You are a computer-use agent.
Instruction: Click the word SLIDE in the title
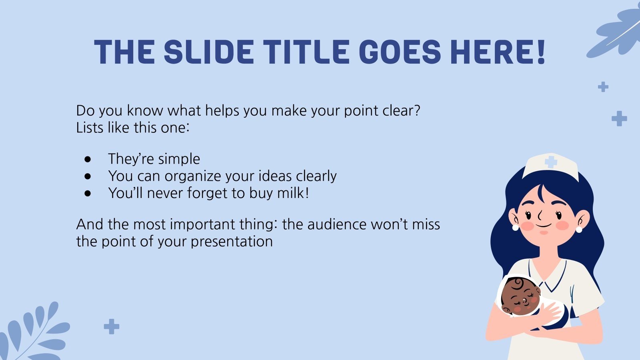[x=209, y=52]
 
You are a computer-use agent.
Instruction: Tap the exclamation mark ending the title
[x=541, y=52]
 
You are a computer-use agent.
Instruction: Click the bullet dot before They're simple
[x=88, y=160]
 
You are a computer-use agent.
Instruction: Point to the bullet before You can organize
[x=88, y=176]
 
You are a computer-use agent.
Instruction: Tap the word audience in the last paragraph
[x=337, y=224]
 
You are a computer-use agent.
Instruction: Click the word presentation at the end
[x=232, y=242]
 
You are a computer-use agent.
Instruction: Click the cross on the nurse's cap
[x=551, y=162]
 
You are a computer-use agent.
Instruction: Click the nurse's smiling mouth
[x=544, y=226]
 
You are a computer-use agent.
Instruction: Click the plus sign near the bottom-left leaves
[x=112, y=326]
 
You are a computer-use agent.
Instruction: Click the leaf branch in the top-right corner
[x=614, y=33]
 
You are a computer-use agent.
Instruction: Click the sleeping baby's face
[x=520, y=298]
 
